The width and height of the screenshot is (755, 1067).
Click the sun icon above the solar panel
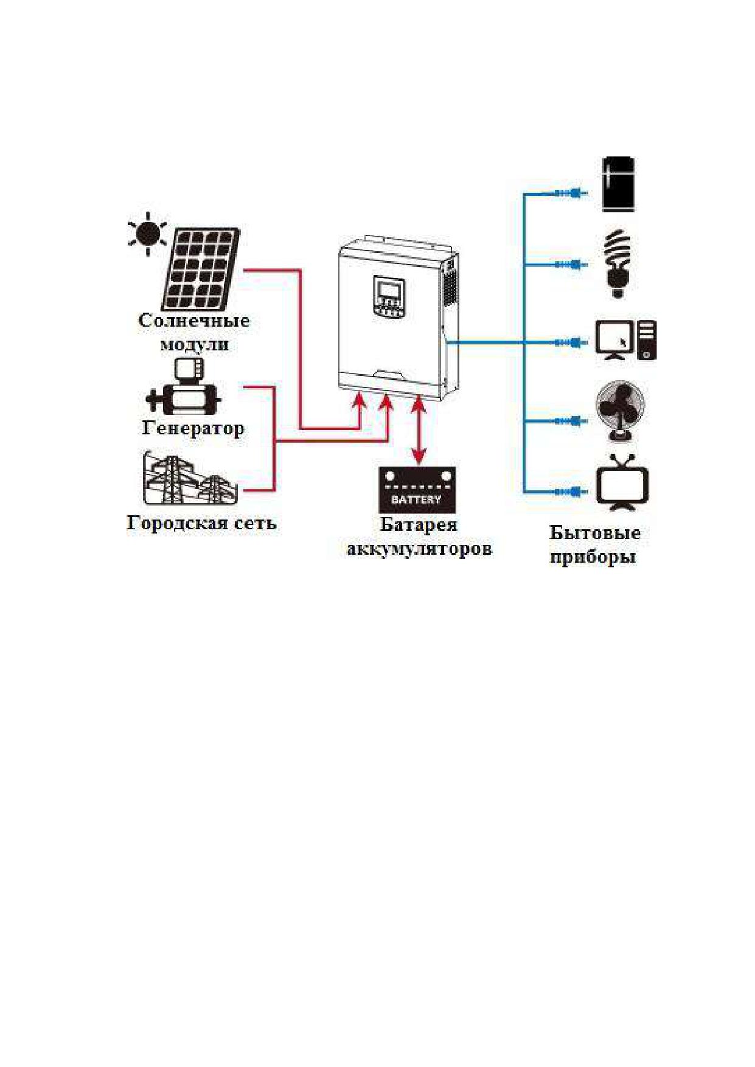[x=147, y=234]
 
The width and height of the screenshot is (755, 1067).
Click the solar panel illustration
[x=201, y=268]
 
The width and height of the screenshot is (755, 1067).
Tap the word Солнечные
[x=194, y=321]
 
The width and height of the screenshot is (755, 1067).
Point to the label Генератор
[x=193, y=428]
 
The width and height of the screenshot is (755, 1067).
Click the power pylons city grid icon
[x=190, y=479]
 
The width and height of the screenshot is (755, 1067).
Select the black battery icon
[x=417, y=490]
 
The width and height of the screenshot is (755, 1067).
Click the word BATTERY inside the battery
[x=416, y=499]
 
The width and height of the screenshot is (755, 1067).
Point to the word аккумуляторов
[x=419, y=549]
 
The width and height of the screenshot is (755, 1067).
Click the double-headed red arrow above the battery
[x=419, y=429]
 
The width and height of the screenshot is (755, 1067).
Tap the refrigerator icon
[x=618, y=184]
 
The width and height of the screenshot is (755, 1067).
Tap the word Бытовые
[x=595, y=533]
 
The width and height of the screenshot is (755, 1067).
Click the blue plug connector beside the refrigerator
[x=571, y=193]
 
